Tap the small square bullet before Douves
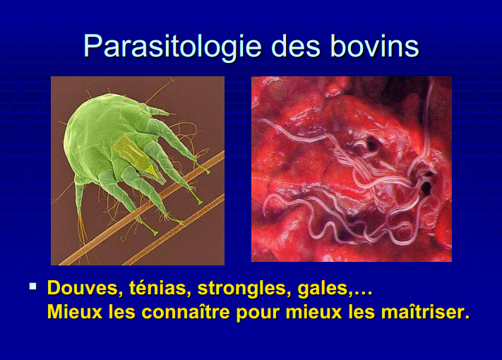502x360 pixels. point(32,287)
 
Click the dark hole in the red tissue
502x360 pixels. point(426,188)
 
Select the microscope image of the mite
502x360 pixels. point(137,170)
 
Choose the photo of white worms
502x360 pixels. point(351,169)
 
